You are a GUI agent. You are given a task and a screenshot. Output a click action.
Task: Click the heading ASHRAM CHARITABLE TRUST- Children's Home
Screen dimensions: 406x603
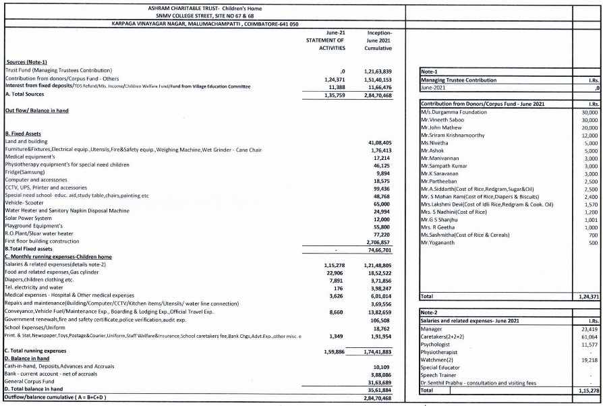[x=204, y=8]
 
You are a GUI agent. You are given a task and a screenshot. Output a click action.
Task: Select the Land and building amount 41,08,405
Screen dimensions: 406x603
[x=380, y=142]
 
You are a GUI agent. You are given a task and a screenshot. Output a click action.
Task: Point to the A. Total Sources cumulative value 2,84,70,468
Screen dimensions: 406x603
[x=378, y=95]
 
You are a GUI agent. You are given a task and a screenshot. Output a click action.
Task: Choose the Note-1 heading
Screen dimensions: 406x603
[x=429, y=71]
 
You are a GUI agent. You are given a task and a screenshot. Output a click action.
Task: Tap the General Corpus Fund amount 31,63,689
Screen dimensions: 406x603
[x=380, y=382]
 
